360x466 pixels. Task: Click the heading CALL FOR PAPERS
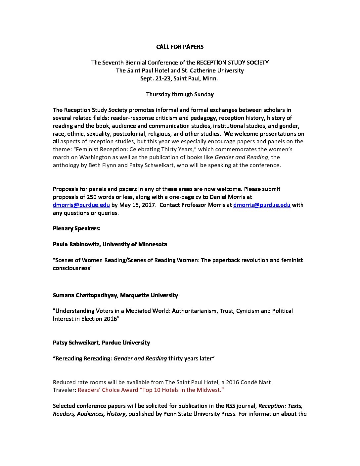[180, 47]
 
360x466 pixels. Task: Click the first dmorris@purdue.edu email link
[81, 205]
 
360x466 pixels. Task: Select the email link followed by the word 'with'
[262, 205]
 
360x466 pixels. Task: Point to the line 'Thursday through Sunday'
[180, 94]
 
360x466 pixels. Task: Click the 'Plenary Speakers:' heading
[76, 228]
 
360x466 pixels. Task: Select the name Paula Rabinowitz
[76, 244]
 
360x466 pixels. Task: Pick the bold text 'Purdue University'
[126, 343]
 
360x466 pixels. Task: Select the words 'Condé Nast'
[255, 382]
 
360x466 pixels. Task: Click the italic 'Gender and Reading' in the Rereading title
[140, 358]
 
